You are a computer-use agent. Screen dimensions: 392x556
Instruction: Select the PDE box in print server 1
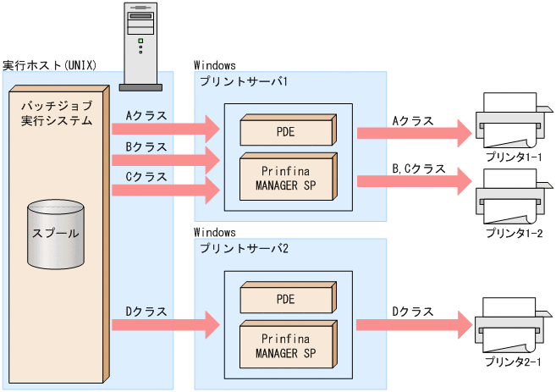click(x=287, y=131)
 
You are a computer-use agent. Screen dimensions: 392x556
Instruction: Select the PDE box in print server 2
click(x=287, y=299)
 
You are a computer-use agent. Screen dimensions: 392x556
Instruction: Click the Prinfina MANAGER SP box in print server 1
click(x=287, y=177)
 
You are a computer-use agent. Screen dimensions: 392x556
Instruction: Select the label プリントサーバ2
click(x=245, y=247)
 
